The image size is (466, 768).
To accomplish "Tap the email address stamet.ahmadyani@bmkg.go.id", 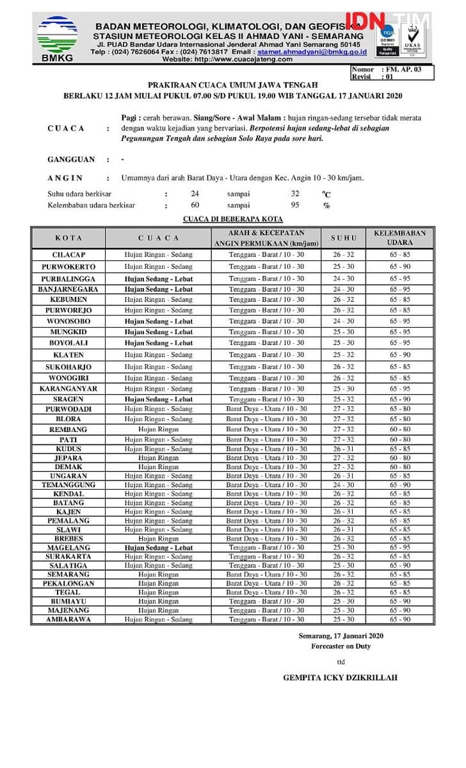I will [321, 51].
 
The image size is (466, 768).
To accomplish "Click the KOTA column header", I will [68, 238].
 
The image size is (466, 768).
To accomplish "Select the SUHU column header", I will [343, 238].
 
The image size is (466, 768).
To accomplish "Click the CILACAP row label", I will [68, 255].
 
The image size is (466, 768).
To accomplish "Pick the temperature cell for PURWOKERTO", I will [343, 266].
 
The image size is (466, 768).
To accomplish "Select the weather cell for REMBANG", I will [158, 429].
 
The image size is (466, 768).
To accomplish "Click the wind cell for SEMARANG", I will [266, 575].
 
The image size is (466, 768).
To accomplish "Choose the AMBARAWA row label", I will [68, 620].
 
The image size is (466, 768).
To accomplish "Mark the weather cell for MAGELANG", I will [158, 548].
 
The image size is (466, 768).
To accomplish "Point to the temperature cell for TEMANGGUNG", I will [343, 485].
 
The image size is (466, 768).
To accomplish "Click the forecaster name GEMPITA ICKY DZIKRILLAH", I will [340, 677].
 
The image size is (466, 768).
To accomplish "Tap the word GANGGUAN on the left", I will [71, 159].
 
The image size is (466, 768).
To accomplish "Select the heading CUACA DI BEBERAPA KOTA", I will [233, 219].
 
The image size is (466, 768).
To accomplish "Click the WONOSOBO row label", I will [68, 321].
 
